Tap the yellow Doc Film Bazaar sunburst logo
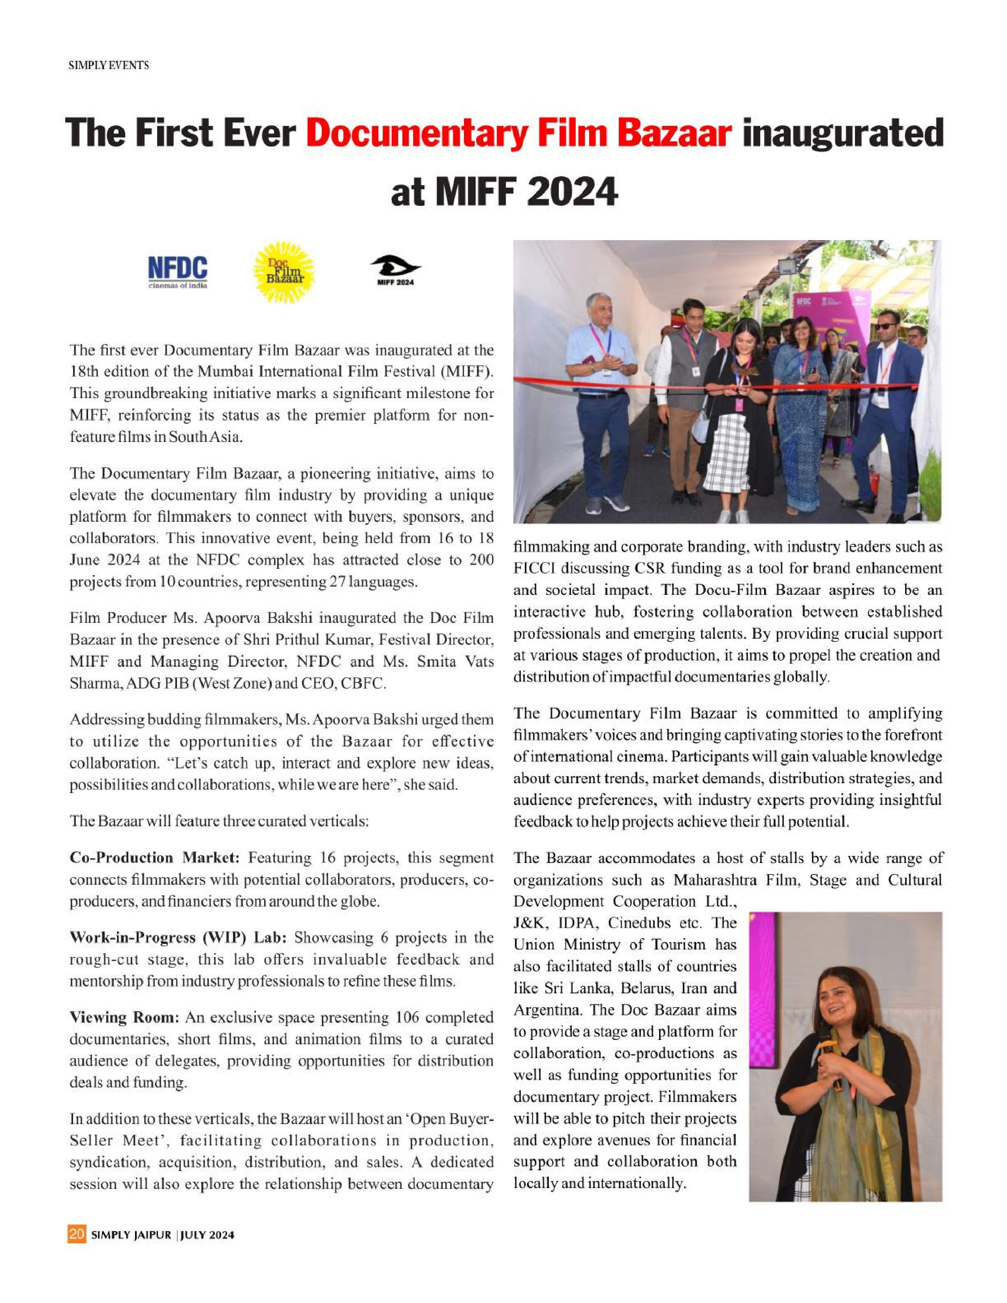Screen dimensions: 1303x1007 coord(284,271)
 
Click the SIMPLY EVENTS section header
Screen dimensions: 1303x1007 coord(109,66)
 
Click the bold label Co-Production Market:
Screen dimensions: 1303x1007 coord(154,858)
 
